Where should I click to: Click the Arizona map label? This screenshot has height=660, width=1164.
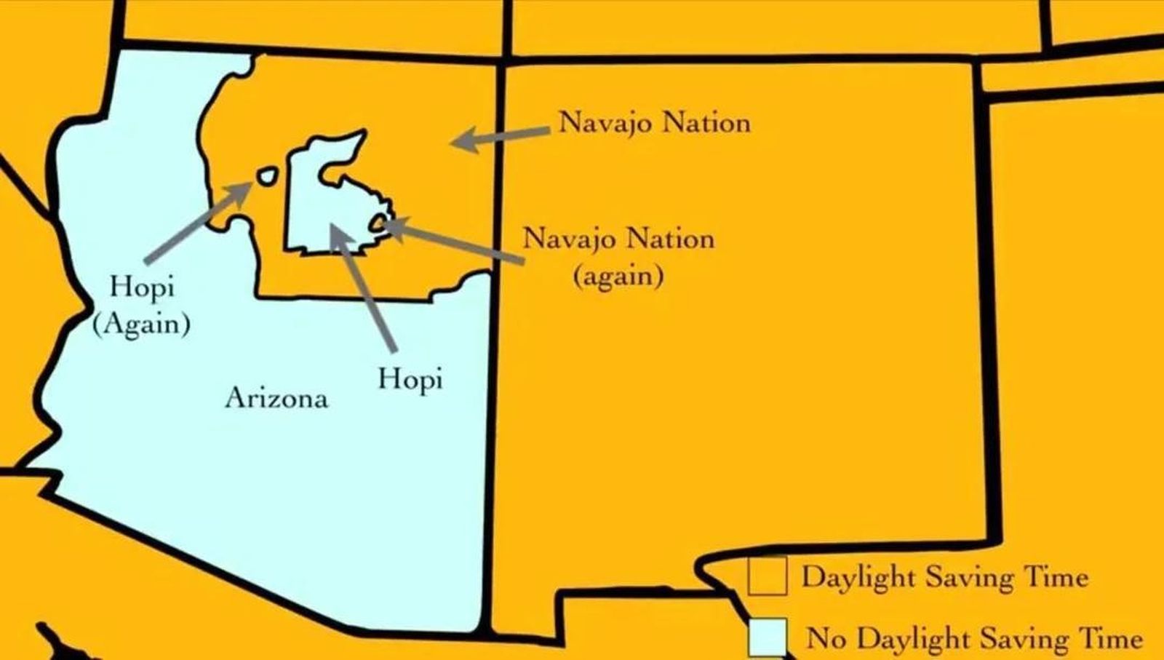point(276,398)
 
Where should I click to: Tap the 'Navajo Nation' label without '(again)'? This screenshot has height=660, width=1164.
point(654,122)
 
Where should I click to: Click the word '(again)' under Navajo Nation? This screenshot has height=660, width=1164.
point(618,277)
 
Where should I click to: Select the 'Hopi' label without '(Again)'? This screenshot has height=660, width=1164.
point(410,379)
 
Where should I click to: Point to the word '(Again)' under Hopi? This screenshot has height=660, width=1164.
point(142,323)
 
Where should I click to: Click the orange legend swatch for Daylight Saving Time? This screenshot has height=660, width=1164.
point(768,576)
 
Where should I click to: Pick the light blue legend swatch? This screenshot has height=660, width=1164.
point(768,638)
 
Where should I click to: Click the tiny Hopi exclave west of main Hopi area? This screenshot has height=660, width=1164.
point(267,176)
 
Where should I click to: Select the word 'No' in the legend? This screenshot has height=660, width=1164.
point(826,638)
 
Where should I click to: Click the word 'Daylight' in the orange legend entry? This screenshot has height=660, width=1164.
point(848,577)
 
